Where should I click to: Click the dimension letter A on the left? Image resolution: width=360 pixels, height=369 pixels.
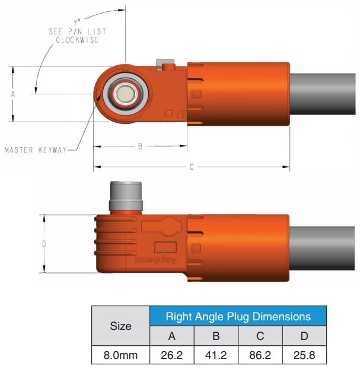[x=12, y=94]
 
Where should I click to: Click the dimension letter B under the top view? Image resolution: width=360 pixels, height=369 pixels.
[x=140, y=146]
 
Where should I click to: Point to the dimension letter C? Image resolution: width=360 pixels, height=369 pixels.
[x=192, y=168]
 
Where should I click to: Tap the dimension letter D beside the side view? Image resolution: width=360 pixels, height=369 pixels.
[x=44, y=244]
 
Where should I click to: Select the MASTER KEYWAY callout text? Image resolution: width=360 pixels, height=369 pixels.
[x=36, y=150]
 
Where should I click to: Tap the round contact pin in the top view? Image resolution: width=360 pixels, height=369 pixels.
[x=125, y=94]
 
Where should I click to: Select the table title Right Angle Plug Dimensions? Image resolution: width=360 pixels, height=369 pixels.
[x=238, y=316]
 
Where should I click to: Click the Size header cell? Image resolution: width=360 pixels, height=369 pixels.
[x=121, y=326]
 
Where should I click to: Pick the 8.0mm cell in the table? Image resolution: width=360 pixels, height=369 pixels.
[x=121, y=355]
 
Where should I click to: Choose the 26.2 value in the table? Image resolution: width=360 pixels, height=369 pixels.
[x=172, y=355]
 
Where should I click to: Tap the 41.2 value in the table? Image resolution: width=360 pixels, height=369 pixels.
[x=216, y=355]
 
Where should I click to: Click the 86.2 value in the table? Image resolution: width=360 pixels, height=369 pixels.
[x=260, y=355]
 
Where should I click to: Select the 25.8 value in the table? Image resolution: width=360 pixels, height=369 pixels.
[x=304, y=355]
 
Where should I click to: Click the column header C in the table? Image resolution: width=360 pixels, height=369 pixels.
[x=260, y=336]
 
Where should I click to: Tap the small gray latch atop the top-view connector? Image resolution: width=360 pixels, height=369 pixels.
[x=164, y=64]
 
